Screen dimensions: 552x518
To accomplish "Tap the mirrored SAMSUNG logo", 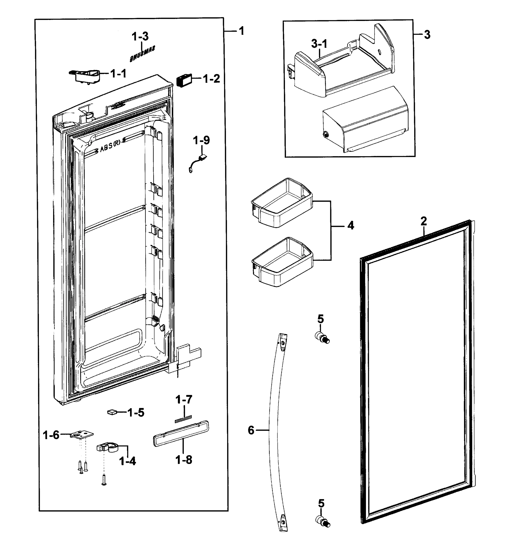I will (142, 54).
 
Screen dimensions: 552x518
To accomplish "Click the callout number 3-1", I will (319, 44).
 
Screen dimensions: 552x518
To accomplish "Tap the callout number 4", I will (351, 226).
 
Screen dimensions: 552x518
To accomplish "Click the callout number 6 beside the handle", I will (251, 430).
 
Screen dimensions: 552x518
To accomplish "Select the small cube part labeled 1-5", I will (112, 412).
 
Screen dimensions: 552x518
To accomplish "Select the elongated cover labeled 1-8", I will (181, 433).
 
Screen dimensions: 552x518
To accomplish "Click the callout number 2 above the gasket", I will (424, 221).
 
